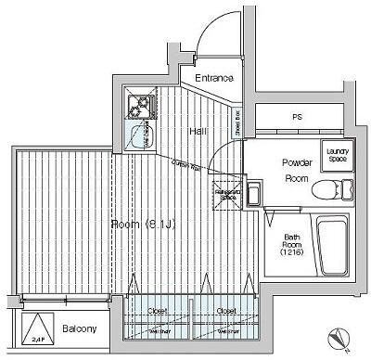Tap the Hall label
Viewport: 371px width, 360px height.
pos(198,131)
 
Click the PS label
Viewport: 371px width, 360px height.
pos(297,118)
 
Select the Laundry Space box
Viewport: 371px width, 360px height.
pos(335,156)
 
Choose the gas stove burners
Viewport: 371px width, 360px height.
pos(140,107)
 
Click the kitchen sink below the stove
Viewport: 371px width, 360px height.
pos(140,137)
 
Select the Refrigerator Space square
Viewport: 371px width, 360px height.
pos(227,193)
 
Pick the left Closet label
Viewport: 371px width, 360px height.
pos(158,311)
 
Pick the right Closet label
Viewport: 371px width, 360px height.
pos(226,311)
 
